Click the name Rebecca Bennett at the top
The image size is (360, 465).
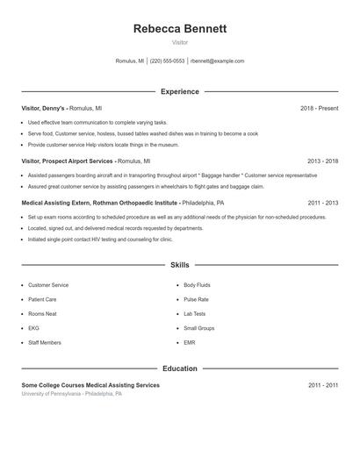(180, 28)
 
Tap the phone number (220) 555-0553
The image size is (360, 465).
(167, 61)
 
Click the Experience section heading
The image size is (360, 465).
(180, 91)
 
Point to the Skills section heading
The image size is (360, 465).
(180, 264)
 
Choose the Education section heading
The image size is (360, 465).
(180, 368)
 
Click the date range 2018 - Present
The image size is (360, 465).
(320, 108)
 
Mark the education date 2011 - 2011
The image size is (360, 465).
(323, 385)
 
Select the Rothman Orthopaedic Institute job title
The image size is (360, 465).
(99, 203)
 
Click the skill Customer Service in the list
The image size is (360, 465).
(48, 285)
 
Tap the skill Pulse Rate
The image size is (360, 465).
(196, 299)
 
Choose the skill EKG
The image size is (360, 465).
(34, 328)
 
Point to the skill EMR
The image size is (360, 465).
(190, 342)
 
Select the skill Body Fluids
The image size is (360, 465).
(198, 285)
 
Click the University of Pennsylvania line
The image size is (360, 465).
(72, 394)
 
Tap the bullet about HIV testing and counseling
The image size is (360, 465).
(100, 240)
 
